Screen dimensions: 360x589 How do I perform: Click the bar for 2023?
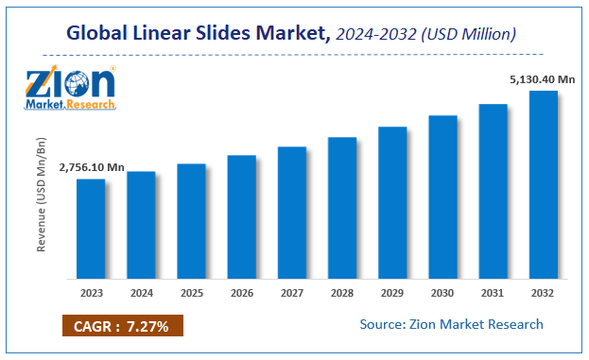point(91,229)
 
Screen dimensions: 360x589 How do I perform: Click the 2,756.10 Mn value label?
point(92,167)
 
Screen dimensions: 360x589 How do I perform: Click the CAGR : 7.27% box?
point(122,327)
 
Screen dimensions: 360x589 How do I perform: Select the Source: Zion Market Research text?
point(452,324)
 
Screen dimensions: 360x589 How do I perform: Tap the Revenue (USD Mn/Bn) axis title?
point(42,197)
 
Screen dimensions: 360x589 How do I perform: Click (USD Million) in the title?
point(472,35)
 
